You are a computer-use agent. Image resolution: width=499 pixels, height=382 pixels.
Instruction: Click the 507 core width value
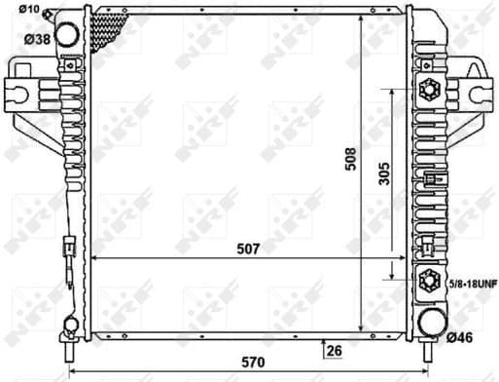tap(247, 248)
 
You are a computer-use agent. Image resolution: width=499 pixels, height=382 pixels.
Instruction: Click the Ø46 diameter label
tap(460, 338)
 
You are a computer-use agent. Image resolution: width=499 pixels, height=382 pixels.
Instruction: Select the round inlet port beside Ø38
tap(68, 34)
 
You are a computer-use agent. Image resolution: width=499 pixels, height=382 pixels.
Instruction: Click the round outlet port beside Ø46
tap(429, 325)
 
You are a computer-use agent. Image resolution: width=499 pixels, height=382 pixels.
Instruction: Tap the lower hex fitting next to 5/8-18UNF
tap(428, 283)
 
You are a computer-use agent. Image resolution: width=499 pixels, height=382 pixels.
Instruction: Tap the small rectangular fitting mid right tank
tap(429, 178)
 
